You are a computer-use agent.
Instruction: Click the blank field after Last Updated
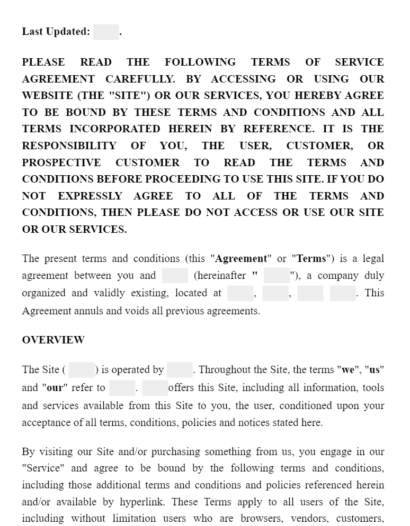click(x=106, y=32)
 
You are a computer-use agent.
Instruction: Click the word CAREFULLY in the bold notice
click(x=140, y=79)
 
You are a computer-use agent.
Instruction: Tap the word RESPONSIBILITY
click(x=69, y=146)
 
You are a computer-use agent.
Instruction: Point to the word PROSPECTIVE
click(x=61, y=162)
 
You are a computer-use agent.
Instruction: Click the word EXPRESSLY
click(x=90, y=196)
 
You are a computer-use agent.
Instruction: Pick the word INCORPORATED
click(x=114, y=129)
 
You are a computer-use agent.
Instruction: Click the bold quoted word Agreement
click(x=241, y=259)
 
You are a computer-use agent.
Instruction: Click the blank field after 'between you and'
click(x=175, y=276)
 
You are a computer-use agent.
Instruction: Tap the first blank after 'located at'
click(x=240, y=293)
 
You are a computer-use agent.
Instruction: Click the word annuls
click(x=88, y=311)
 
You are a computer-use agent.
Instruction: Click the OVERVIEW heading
click(x=53, y=340)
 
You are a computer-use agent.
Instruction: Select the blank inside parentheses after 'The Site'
click(x=82, y=370)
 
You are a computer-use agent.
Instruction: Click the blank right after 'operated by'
click(x=180, y=370)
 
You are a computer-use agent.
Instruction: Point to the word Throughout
click(x=224, y=370)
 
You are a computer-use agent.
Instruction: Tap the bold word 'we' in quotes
click(x=348, y=370)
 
